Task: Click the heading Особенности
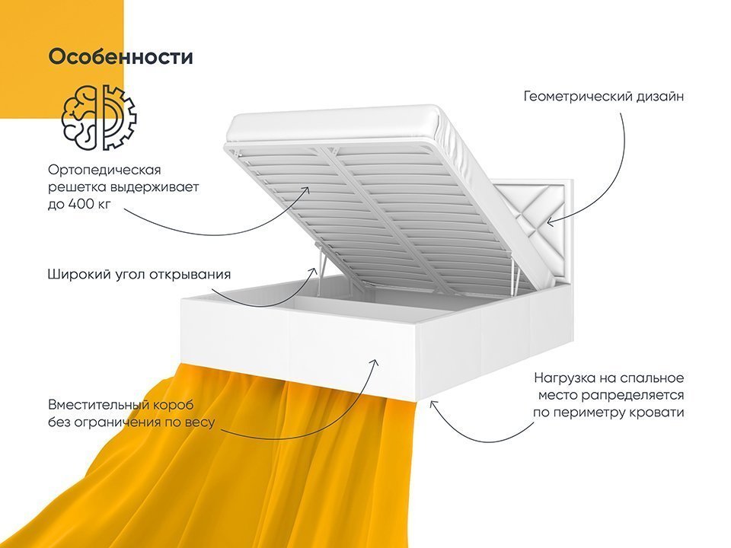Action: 121,57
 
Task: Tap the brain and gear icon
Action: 99,117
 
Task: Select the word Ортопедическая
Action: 104,170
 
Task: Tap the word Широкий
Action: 78,275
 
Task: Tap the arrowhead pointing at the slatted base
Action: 305,192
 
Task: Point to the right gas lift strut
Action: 514,277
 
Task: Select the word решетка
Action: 76,187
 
